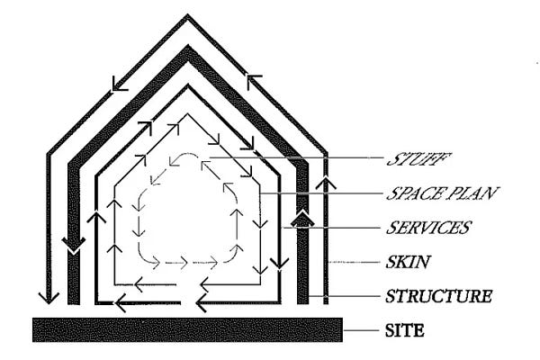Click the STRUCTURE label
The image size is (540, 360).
click(438, 295)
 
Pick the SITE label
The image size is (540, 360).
click(404, 331)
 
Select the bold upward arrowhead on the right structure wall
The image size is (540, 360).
click(302, 217)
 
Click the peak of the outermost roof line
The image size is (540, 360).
click(188, 16)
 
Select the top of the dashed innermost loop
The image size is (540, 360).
click(188, 154)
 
